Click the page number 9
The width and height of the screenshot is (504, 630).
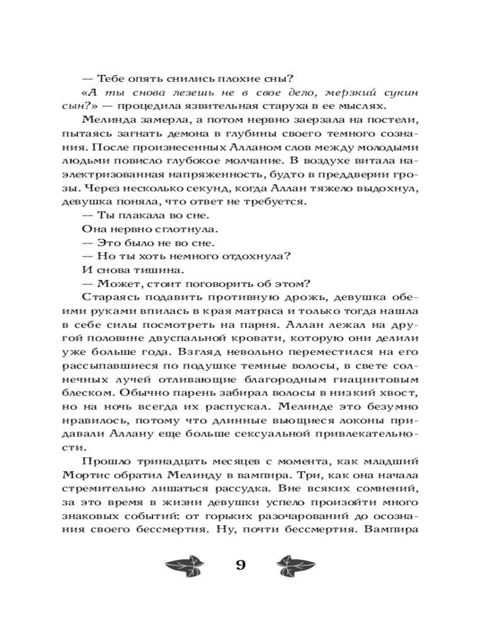coord(240,564)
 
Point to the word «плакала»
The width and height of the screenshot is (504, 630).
coord(140,214)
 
